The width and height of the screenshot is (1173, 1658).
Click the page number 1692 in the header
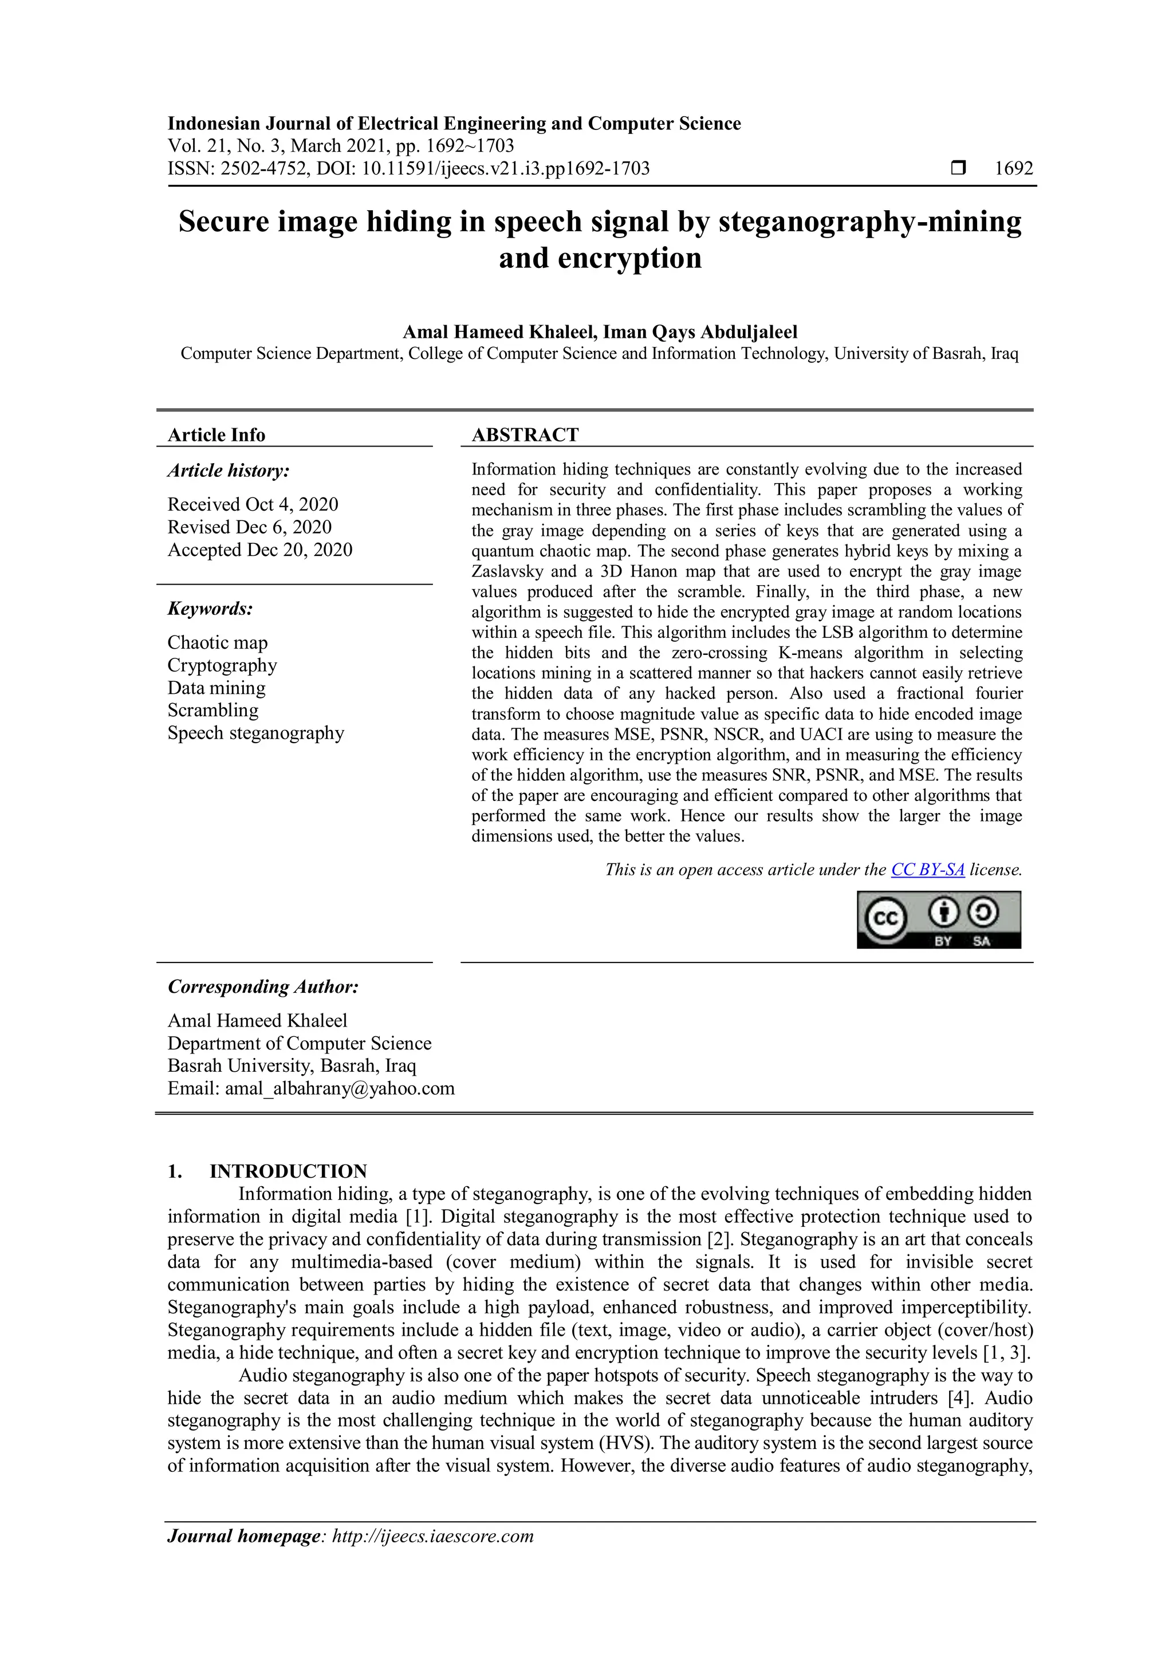pos(1013,168)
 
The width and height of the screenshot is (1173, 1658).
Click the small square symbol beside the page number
pos(958,168)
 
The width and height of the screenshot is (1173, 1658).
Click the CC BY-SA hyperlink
pos(927,870)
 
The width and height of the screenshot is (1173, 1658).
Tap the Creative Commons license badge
pos(938,919)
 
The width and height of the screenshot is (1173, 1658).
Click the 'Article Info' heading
pos(216,435)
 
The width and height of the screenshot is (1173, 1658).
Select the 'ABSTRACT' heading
pos(525,435)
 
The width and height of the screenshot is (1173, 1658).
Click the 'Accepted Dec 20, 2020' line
pos(260,550)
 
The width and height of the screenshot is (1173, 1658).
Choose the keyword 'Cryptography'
pos(222,665)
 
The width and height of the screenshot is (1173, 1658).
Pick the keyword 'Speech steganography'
pos(255,733)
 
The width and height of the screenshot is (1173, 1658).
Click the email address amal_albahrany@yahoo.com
pos(340,1088)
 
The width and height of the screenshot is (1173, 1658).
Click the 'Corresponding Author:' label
pos(263,986)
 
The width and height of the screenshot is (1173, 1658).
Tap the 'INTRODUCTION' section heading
pos(288,1171)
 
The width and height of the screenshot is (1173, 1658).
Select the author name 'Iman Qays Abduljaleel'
pos(700,332)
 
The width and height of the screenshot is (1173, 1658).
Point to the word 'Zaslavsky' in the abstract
pos(506,571)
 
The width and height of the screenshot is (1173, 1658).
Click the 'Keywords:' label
pos(210,609)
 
